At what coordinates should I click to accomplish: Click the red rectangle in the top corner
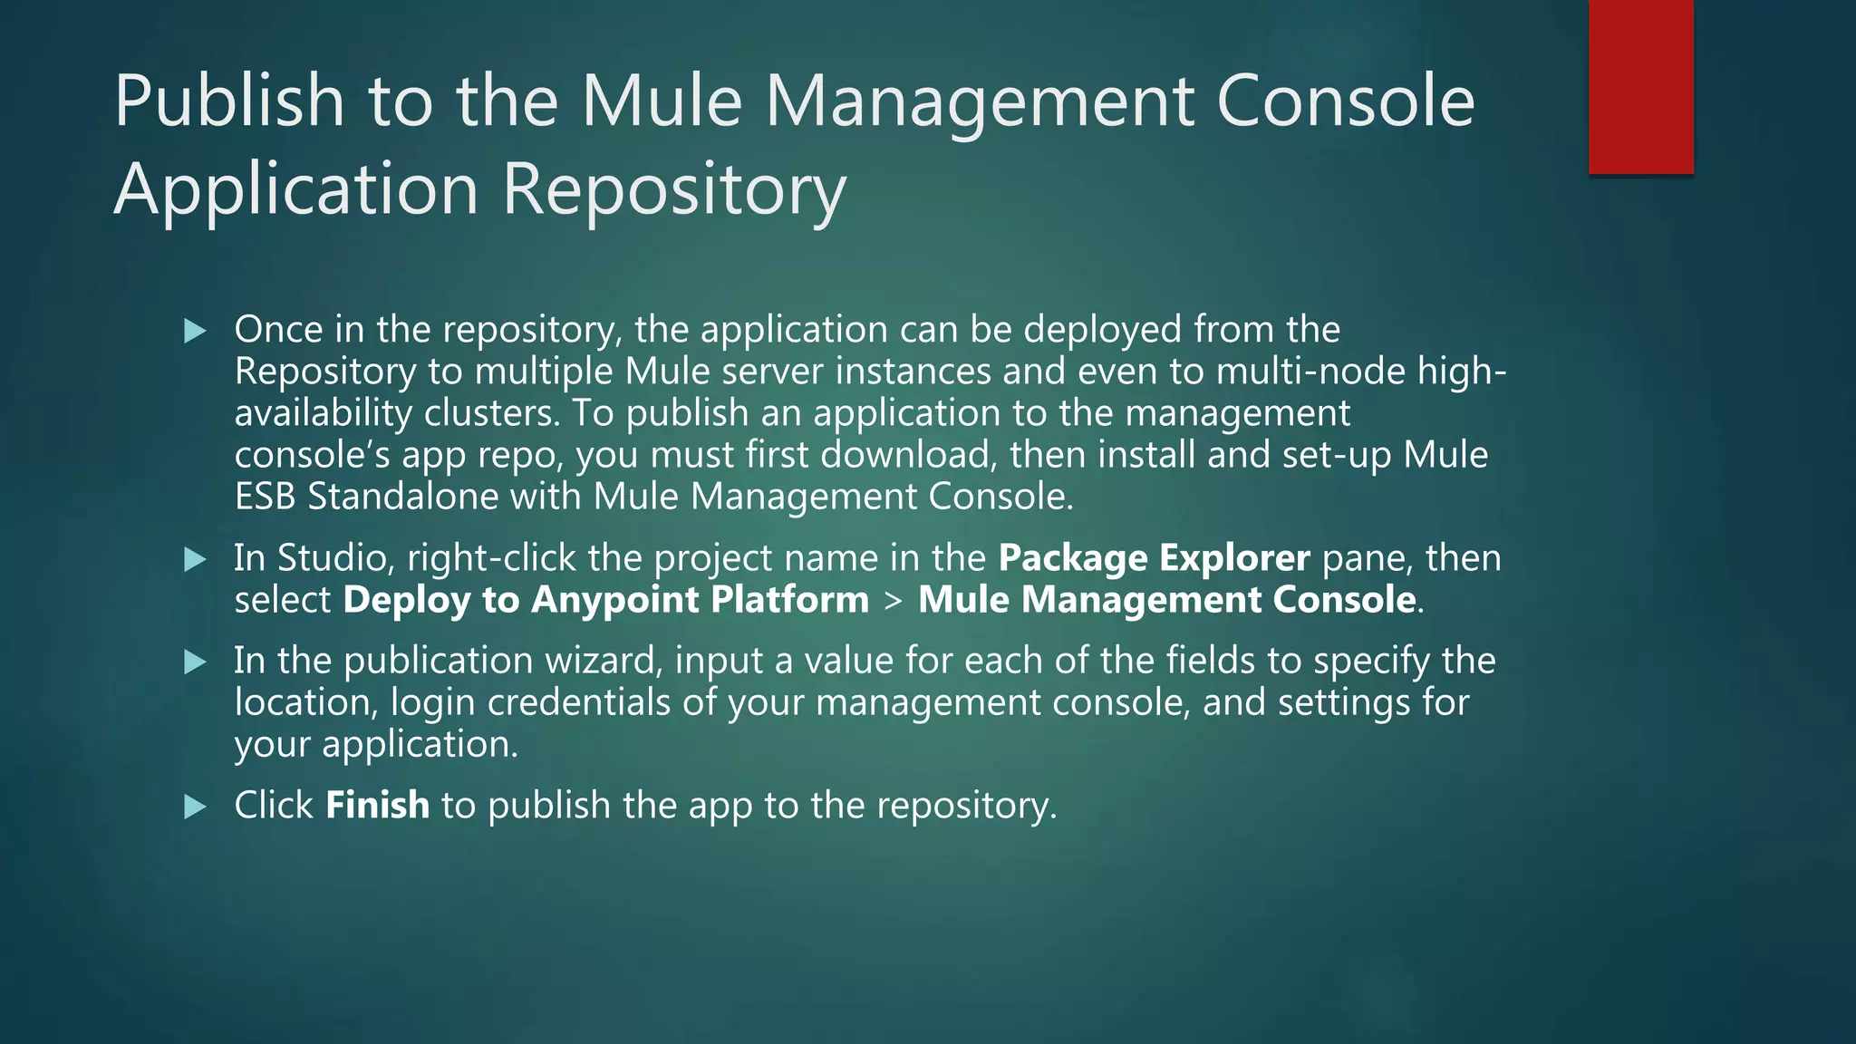(x=1640, y=87)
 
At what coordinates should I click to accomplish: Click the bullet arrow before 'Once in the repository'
(x=195, y=331)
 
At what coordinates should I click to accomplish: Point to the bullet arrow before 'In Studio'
(x=195, y=559)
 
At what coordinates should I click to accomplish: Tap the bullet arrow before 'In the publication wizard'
(x=195, y=662)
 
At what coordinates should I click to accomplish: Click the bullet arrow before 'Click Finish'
(x=195, y=807)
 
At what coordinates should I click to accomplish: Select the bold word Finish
(x=377, y=805)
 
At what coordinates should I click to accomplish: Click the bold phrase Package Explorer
(x=1154, y=558)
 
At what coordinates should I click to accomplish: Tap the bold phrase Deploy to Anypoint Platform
(x=605, y=600)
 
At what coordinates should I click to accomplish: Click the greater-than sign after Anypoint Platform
(x=894, y=601)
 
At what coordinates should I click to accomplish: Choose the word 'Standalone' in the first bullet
(x=402, y=497)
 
